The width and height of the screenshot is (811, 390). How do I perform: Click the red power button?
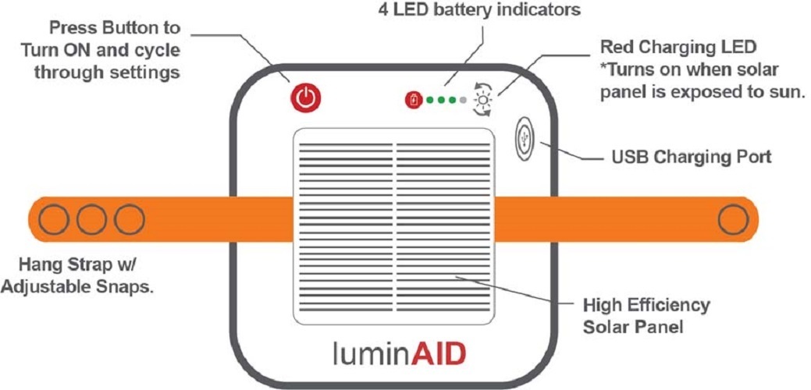pos(306,97)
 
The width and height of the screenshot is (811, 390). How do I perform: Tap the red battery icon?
pos(413,100)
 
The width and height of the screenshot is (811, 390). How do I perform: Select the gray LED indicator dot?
pos(463,100)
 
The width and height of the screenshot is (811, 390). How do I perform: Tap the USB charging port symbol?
pos(526,140)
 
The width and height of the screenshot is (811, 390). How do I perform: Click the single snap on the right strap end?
pos(733,220)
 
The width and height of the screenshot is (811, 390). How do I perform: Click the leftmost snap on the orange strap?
pos(55,219)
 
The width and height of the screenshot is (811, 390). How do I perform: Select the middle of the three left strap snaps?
pos(91,219)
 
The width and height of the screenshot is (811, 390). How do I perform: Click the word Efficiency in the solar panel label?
pos(664,306)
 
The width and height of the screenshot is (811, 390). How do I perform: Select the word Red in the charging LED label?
pos(616,47)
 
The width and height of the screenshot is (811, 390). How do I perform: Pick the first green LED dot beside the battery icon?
pos(429,100)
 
